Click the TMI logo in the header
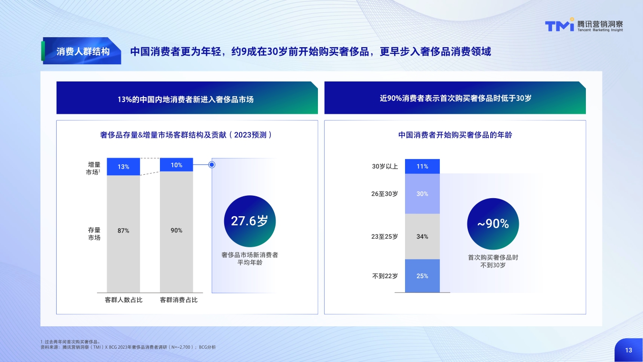click(x=559, y=26)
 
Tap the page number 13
click(x=629, y=350)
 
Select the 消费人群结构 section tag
click(x=82, y=51)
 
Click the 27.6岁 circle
click(x=249, y=221)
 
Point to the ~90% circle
click(x=493, y=223)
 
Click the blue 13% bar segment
click(x=123, y=167)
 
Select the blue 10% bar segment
click(x=177, y=165)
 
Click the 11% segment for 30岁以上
click(x=422, y=166)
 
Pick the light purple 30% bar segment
click(x=422, y=194)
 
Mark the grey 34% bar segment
click(x=422, y=236)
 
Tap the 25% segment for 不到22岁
click(x=422, y=276)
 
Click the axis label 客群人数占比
click(x=123, y=300)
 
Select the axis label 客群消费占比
click(x=178, y=300)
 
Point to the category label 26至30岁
click(x=385, y=194)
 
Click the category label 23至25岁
click(x=385, y=236)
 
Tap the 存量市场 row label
click(x=94, y=233)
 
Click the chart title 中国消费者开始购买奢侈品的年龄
click(x=455, y=135)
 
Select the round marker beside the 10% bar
click(x=212, y=165)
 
